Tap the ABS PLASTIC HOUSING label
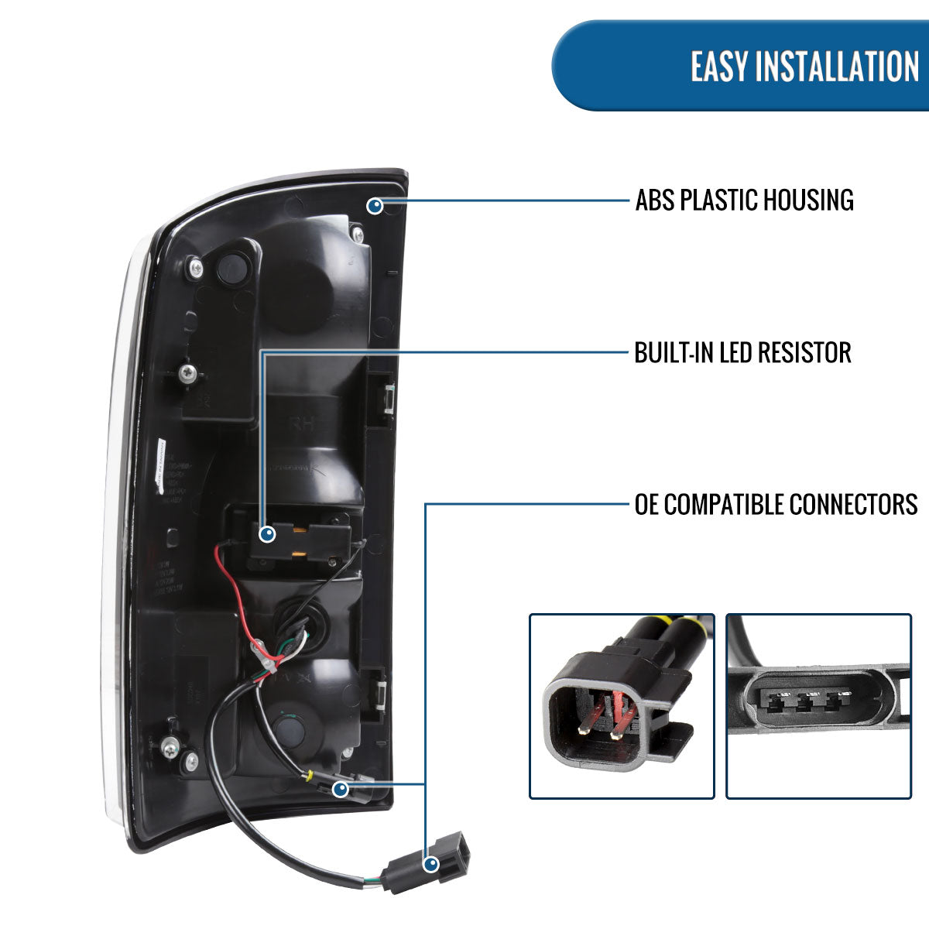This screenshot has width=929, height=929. tap(744, 200)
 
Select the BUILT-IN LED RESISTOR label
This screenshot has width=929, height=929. tap(742, 353)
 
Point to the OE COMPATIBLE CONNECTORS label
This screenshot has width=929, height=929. tap(776, 505)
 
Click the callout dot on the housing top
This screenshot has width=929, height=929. tap(375, 206)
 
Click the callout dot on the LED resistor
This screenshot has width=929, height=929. tap(268, 534)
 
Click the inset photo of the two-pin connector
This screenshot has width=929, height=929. tap(621, 706)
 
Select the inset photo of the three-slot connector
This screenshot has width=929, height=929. tap(818, 706)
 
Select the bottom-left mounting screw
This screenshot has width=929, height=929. tap(170, 749)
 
